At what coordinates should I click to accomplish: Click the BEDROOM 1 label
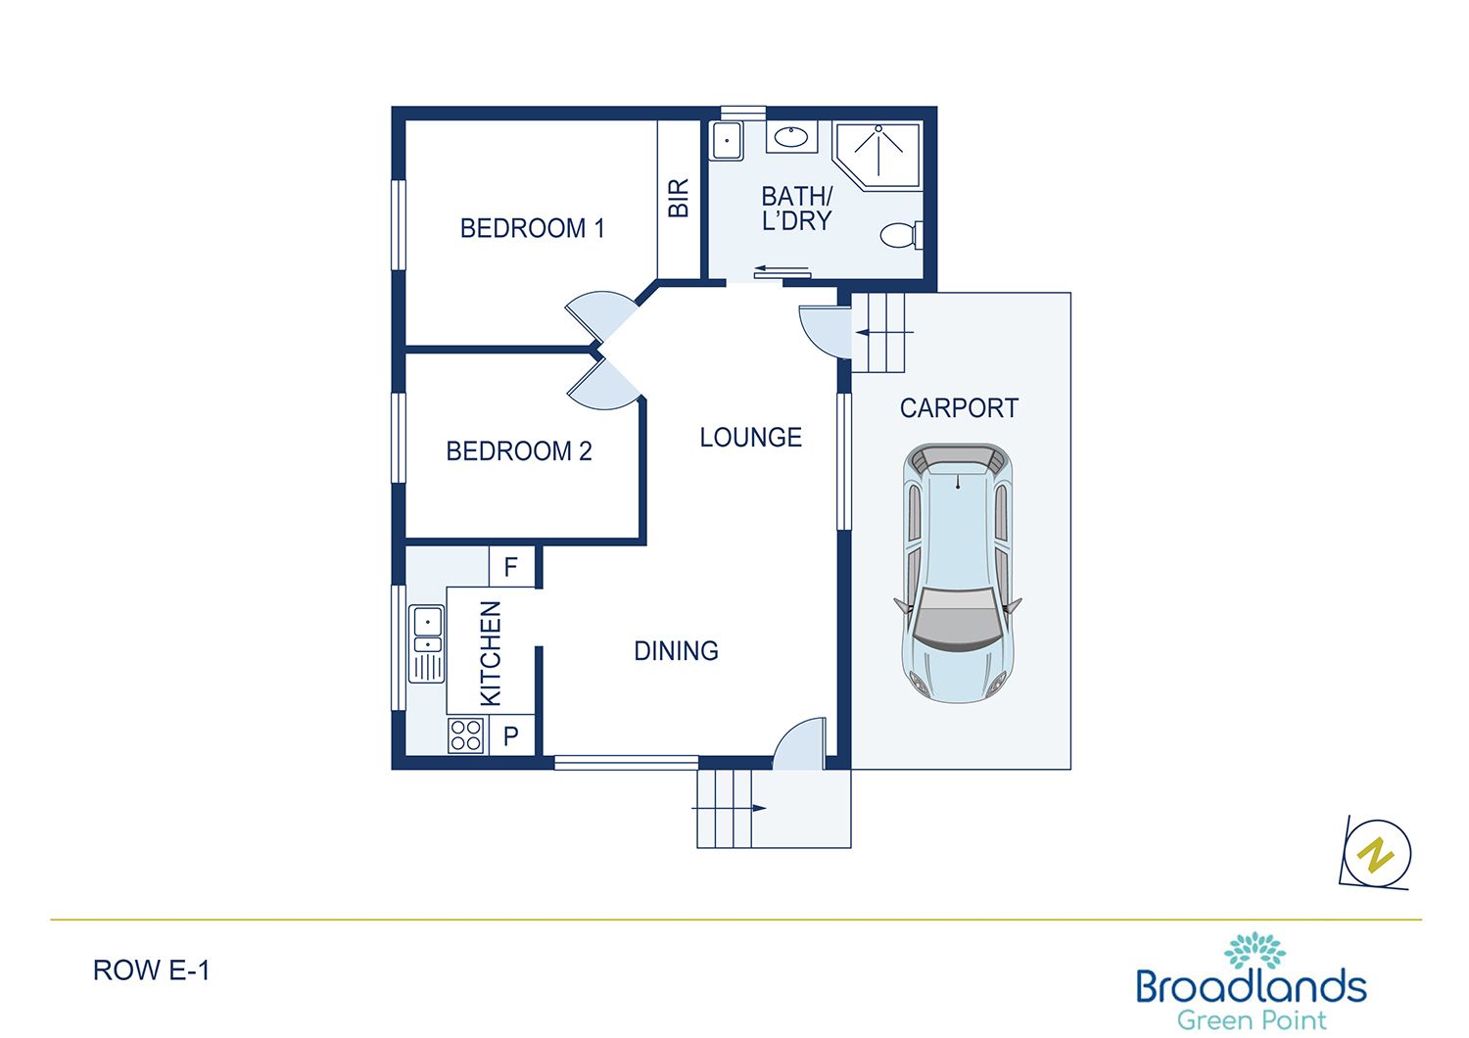click(532, 228)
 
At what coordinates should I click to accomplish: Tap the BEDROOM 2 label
click(518, 451)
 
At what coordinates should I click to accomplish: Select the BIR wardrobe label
click(679, 198)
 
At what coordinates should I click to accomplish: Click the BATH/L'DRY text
click(796, 209)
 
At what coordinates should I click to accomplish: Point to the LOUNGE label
click(750, 438)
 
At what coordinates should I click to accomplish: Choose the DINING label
click(676, 651)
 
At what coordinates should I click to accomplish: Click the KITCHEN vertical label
click(491, 653)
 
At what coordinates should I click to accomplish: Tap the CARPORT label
click(959, 408)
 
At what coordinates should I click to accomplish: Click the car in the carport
click(958, 573)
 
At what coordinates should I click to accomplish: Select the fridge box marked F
click(511, 567)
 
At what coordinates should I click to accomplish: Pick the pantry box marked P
click(511, 736)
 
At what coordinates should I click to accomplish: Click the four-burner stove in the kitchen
click(466, 735)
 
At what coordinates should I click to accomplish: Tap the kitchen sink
click(427, 642)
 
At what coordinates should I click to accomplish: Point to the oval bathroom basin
click(790, 137)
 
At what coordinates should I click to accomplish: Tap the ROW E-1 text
click(151, 970)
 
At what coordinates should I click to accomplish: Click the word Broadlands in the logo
click(1251, 985)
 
